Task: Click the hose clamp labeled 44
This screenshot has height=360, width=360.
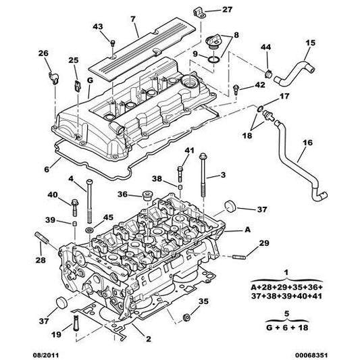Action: point(267,72)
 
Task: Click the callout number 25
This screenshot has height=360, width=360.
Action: point(73,61)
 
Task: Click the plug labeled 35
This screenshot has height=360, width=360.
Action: point(189,315)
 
